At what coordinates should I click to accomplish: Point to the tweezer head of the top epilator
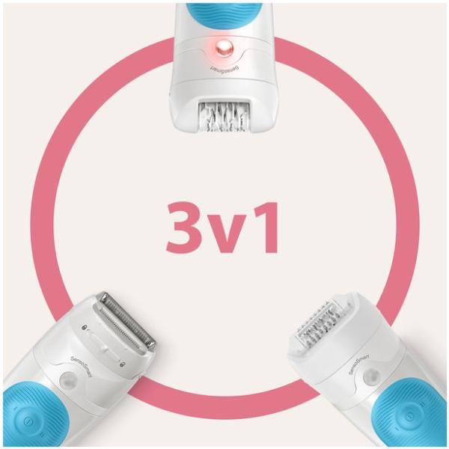point(224,117)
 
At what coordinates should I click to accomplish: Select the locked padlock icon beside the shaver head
point(85,327)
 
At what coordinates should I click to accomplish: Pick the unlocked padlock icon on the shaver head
point(122,364)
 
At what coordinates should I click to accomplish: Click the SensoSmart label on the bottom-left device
point(81,366)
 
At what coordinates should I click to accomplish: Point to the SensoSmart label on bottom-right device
point(358,364)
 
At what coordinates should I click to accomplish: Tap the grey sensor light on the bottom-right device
point(372,376)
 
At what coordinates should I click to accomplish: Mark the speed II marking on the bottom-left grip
point(40,435)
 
